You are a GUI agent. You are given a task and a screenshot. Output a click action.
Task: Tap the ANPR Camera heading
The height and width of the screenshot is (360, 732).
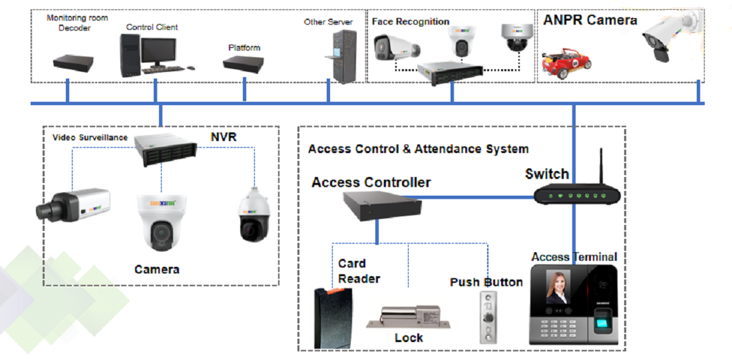(x=590, y=20)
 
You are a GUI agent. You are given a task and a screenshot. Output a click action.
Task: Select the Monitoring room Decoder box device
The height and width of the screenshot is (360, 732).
(x=73, y=65)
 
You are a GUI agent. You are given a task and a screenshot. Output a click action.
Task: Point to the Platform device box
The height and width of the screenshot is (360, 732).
(x=244, y=65)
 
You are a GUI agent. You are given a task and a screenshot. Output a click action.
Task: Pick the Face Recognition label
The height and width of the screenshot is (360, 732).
(x=410, y=22)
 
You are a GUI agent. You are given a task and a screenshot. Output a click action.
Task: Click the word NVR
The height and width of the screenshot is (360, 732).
(x=223, y=136)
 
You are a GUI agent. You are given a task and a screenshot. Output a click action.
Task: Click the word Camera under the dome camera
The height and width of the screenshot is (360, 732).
(x=156, y=270)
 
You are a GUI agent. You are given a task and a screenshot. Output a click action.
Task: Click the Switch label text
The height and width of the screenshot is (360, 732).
(x=546, y=174)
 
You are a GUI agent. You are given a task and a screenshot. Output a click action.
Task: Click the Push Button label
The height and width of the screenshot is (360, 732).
(x=486, y=282)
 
